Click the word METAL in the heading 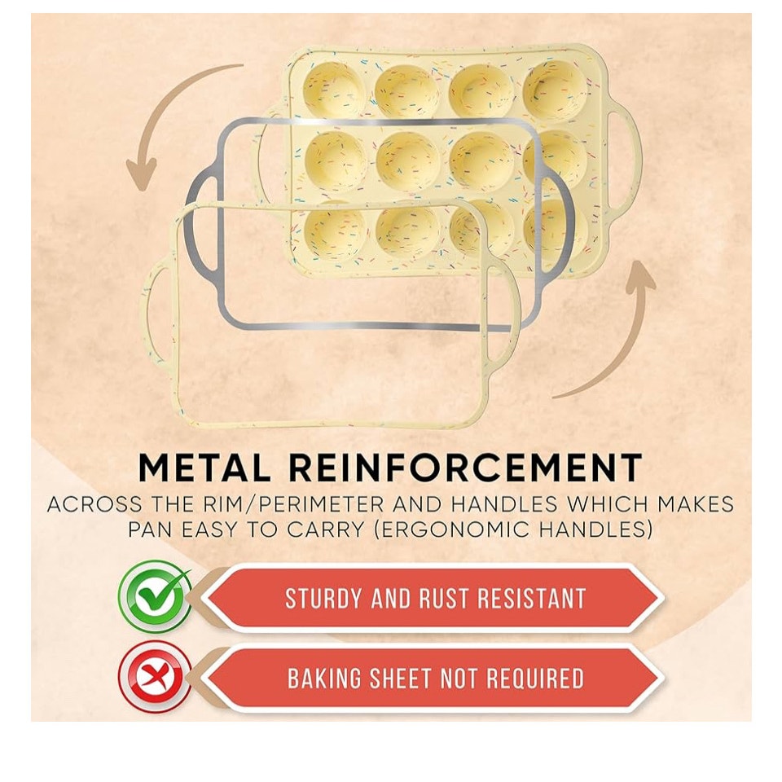point(204,468)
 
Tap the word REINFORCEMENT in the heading point(465,468)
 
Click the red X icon point(155,677)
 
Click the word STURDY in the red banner point(323,598)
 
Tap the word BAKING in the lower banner point(324,679)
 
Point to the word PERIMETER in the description point(321,504)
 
